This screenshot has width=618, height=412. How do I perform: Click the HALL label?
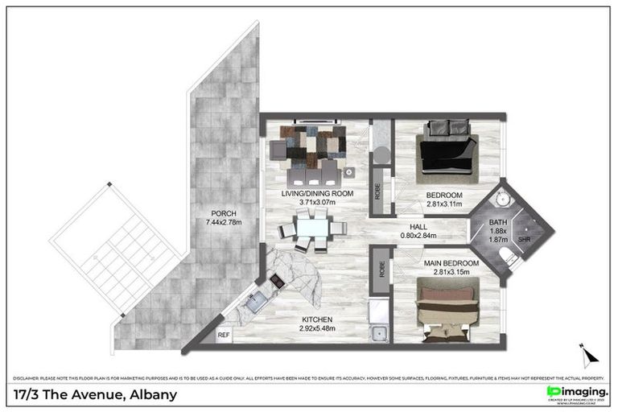418,226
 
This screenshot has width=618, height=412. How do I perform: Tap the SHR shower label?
524,239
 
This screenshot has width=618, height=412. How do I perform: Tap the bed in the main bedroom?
446,309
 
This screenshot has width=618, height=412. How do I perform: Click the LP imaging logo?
576,391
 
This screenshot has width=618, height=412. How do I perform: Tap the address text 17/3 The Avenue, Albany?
95,395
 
